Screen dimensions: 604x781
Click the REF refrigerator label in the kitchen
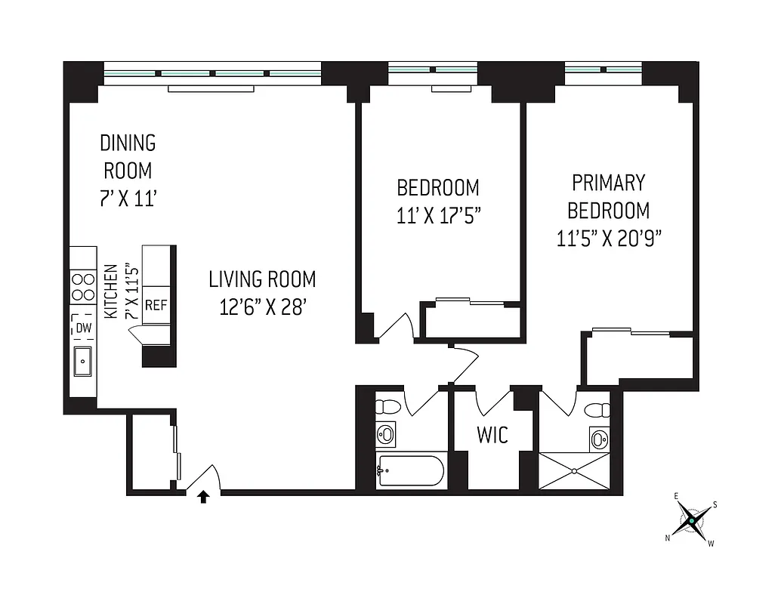pyautogui.click(x=156, y=306)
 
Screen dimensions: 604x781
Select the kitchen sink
pyautogui.click(x=82, y=362)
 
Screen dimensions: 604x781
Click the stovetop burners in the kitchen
pyautogui.click(x=82, y=288)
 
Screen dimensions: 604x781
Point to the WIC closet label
pyautogui.click(x=492, y=436)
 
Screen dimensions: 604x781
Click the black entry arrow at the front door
pyautogui.click(x=202, y=497)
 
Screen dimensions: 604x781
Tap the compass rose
pyautogui.click(x=690, y=520)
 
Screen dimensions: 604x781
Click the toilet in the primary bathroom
pyautogui.click(x=599, y=410)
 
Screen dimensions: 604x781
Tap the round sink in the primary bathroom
pyautogui.click(x=599, y=439)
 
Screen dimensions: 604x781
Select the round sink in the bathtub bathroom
pyautogui.click(x=386, y=435)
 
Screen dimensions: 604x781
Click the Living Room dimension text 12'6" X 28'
pyautogui.click(x=262, y=307)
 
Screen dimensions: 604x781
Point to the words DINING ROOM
pyautogui.click(x=128, y=156)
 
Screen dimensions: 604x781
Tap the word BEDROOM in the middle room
pyautogui.click(x=438, y=187)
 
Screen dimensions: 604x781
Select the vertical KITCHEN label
pyautogui.click(x=111, y=291)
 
